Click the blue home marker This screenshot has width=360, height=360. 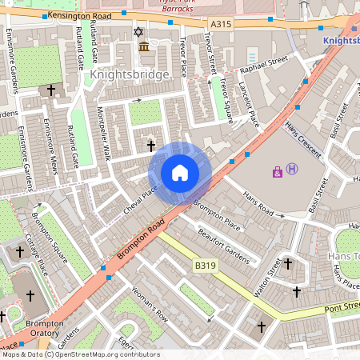(x=180, y=173)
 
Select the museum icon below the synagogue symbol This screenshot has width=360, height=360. (x=143, y=48)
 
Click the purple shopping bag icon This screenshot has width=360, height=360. (x=278, y=171)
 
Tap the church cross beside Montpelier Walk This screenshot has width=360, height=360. (x=151, y=146)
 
